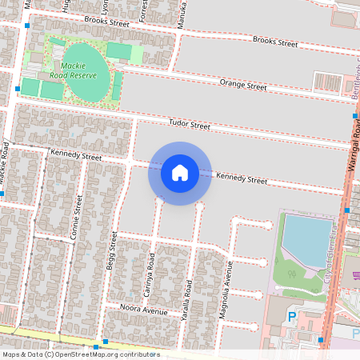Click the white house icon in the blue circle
tap(179, 173)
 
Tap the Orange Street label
tap(244, 84)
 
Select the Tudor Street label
tap(189, 125)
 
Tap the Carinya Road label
tap(149, 276)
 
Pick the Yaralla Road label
tap(189, 299)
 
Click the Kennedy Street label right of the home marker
tap(242, 178)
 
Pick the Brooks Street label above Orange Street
tap(274, 41)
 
